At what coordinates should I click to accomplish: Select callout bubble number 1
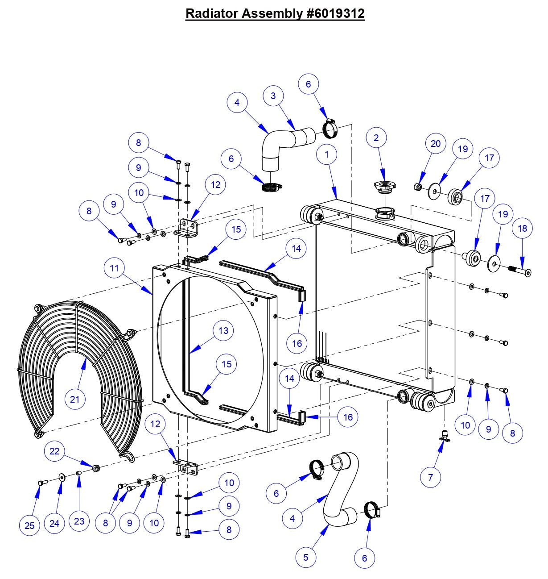tap(327, 154)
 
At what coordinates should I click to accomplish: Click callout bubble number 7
tap(430, 477)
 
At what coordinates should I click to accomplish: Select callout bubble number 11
tap(114, 268)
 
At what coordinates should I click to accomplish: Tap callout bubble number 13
tap(223, 331)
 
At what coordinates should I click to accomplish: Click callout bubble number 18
tap(522, 229)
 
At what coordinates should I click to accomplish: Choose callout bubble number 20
tap(435, 143)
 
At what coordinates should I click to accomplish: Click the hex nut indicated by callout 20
tap(418, 187)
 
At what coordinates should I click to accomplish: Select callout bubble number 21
tap(74, 399)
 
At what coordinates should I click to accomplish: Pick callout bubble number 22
tap(54, 451)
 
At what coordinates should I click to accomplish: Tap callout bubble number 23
tap(78, 521)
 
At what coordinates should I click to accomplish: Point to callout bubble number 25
tap(29, 525)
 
